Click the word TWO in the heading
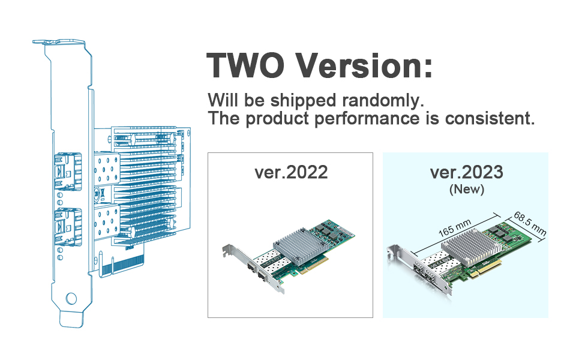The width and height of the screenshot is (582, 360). click(x=245, y=65)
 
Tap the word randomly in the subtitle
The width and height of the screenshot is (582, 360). click(x=383, y=101)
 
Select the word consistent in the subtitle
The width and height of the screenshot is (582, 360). click(x=490, y=119)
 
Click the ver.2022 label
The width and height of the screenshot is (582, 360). click(x=291, y=172)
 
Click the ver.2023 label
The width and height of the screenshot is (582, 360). click(x=466, y=172)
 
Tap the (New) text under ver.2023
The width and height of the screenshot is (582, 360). click(x=467, y=189)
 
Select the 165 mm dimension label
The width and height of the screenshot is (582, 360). click(x=455, y=228)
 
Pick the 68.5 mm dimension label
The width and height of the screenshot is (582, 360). click(x=530, y=224)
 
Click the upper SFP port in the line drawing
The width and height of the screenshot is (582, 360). click(x=68, y=171)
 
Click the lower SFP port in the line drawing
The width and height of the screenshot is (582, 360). click(x=68, y=227)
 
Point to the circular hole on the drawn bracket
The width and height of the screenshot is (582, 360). click(x=71, y=298)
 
